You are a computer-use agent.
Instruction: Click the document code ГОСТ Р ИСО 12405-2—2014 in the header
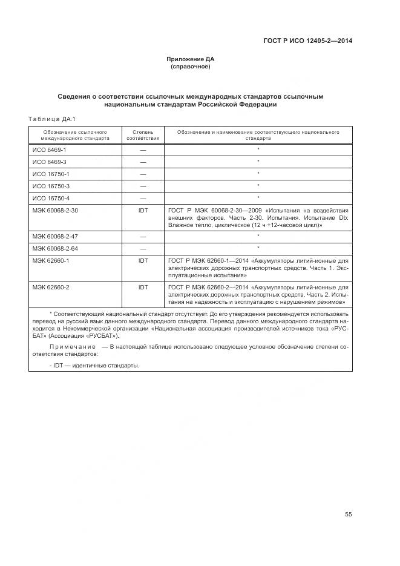pyautogui.click(x=308, y=41)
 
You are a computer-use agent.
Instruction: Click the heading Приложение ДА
pyautogui.click(x=191, y=59)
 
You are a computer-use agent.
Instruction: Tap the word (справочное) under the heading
pyautogui.click(x=191, y=67)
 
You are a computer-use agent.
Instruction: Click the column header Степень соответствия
pyautogui.click(x=143, y=134)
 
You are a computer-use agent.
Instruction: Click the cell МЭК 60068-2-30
pyautogui.click(x=55, y=210)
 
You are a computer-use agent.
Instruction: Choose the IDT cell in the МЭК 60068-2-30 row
pyautogui.click(x=143, y=210)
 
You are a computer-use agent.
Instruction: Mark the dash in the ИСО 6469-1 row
pyautogui.click(x=143, y=149)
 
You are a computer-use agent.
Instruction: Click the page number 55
pyautogui.click(x=348, y=515)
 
